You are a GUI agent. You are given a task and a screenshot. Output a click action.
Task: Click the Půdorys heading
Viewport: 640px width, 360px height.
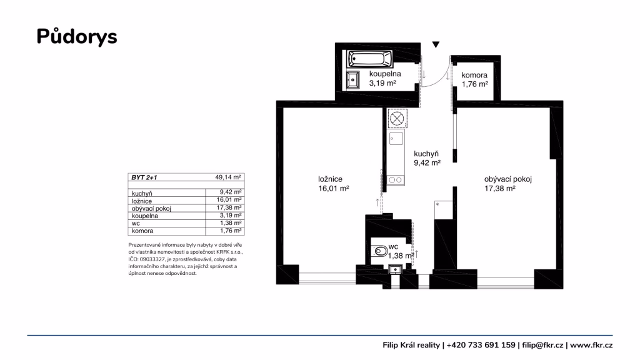77,37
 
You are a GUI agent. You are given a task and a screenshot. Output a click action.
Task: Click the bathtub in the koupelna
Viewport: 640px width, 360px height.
370,59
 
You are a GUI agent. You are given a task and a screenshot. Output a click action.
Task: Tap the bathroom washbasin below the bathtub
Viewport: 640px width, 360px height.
353,80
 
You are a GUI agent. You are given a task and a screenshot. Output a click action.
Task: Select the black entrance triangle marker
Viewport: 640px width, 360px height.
436,44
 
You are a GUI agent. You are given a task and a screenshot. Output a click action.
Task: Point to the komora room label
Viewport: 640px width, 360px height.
474,75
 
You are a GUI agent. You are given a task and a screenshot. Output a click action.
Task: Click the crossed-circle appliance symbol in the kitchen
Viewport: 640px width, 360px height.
397,119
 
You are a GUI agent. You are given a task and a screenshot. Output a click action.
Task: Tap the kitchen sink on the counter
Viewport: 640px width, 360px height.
396,139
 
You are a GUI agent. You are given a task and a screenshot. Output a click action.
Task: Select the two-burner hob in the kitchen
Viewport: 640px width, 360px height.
396,179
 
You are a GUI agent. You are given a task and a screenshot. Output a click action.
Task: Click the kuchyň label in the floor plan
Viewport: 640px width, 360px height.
426,154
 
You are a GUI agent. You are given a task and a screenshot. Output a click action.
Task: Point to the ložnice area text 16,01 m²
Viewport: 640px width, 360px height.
334,189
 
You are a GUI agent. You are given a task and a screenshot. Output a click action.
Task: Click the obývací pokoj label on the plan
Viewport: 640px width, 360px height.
507,179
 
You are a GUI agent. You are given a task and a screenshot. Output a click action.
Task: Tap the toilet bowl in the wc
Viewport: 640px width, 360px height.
379,251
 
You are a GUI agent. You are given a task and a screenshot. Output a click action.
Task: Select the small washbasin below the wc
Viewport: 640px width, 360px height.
395,269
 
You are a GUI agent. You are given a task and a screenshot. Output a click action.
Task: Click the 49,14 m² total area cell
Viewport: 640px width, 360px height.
228,177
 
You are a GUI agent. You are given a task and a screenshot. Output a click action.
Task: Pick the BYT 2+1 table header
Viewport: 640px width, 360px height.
144,177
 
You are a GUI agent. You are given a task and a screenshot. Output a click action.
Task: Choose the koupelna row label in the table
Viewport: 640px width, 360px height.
145,216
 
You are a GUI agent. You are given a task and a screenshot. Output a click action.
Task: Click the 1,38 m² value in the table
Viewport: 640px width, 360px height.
231,223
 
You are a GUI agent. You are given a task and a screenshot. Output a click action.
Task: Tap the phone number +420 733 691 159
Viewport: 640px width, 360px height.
481,345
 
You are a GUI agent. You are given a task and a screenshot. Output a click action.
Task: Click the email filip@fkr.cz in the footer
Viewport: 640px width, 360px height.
542,345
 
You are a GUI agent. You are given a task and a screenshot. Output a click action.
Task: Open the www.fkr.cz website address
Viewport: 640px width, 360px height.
591,345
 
